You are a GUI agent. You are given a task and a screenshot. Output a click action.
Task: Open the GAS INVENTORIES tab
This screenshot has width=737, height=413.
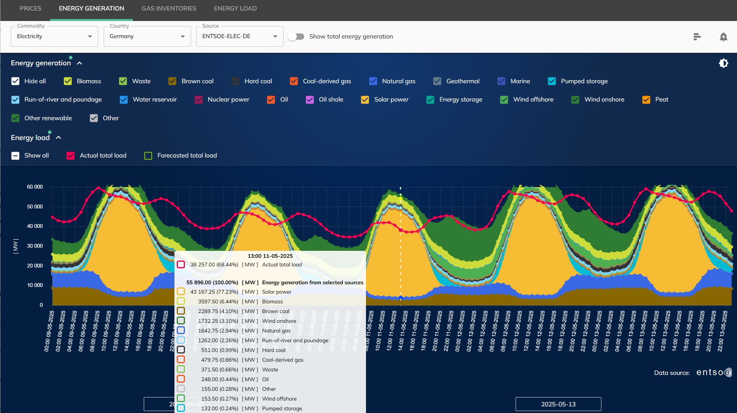pyautogui.click(x=169, y=9)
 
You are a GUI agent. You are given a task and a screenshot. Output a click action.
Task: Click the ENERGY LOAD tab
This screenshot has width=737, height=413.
pyautogui.click(x=235, y=9)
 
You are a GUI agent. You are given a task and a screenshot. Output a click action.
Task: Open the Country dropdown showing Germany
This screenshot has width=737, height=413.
pyautogui.click(x=147, y=36)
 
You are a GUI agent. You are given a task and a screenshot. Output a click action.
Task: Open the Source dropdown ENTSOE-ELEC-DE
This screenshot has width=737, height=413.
pyautogui.click(x=239, y=36)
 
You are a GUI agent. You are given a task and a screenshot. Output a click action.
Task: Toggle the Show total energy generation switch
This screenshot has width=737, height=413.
pyautogui.click(x=296, y=37)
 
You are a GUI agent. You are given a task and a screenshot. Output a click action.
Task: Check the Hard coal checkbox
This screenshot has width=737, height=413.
pyautogui.click(x=235, y=81)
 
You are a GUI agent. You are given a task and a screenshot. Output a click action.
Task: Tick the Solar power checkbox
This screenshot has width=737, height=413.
pyautogui.click(x=365, y=100)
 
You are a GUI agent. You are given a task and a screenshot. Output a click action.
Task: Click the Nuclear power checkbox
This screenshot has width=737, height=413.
pyautogui.click(x=199, y=100)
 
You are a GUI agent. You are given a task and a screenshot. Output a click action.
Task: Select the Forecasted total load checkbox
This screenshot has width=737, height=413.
pyautogui.click(x=148, y=156)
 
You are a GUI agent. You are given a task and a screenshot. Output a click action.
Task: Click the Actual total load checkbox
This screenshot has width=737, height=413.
pyautogui.click(x=70, y=156)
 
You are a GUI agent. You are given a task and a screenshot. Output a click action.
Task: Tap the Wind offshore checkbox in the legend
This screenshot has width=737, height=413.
pyautogui.click(x=504, y=100)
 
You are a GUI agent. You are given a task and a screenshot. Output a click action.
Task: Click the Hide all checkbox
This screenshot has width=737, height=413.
pyautogui.click(x=15, y=81)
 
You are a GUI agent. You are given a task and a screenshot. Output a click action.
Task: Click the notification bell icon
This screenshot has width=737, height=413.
pyautogui.click(x=723, y=37)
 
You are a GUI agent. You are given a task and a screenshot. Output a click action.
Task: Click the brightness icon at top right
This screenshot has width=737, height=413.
pyautogui.click(x=723, y=63)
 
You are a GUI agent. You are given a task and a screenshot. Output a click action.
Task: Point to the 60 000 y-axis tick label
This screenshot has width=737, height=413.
pyautogui.click(x=35, y=187)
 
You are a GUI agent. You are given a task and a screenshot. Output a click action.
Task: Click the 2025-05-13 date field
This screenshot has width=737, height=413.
pyautogui.click(x=558, y=404)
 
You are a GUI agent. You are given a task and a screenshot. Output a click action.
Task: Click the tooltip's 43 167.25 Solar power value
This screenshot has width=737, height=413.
pyautogui.click(x=214, y=292)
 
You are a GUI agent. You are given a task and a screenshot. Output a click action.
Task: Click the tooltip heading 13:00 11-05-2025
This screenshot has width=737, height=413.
pyautogui.click(x=270, y=256)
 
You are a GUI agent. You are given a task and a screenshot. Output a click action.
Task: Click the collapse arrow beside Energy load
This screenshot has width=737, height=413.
pyautogui.click(x=59, y=138)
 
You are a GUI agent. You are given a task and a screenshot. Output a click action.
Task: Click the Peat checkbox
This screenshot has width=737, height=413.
pyautogui.click(x=646, y=100)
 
